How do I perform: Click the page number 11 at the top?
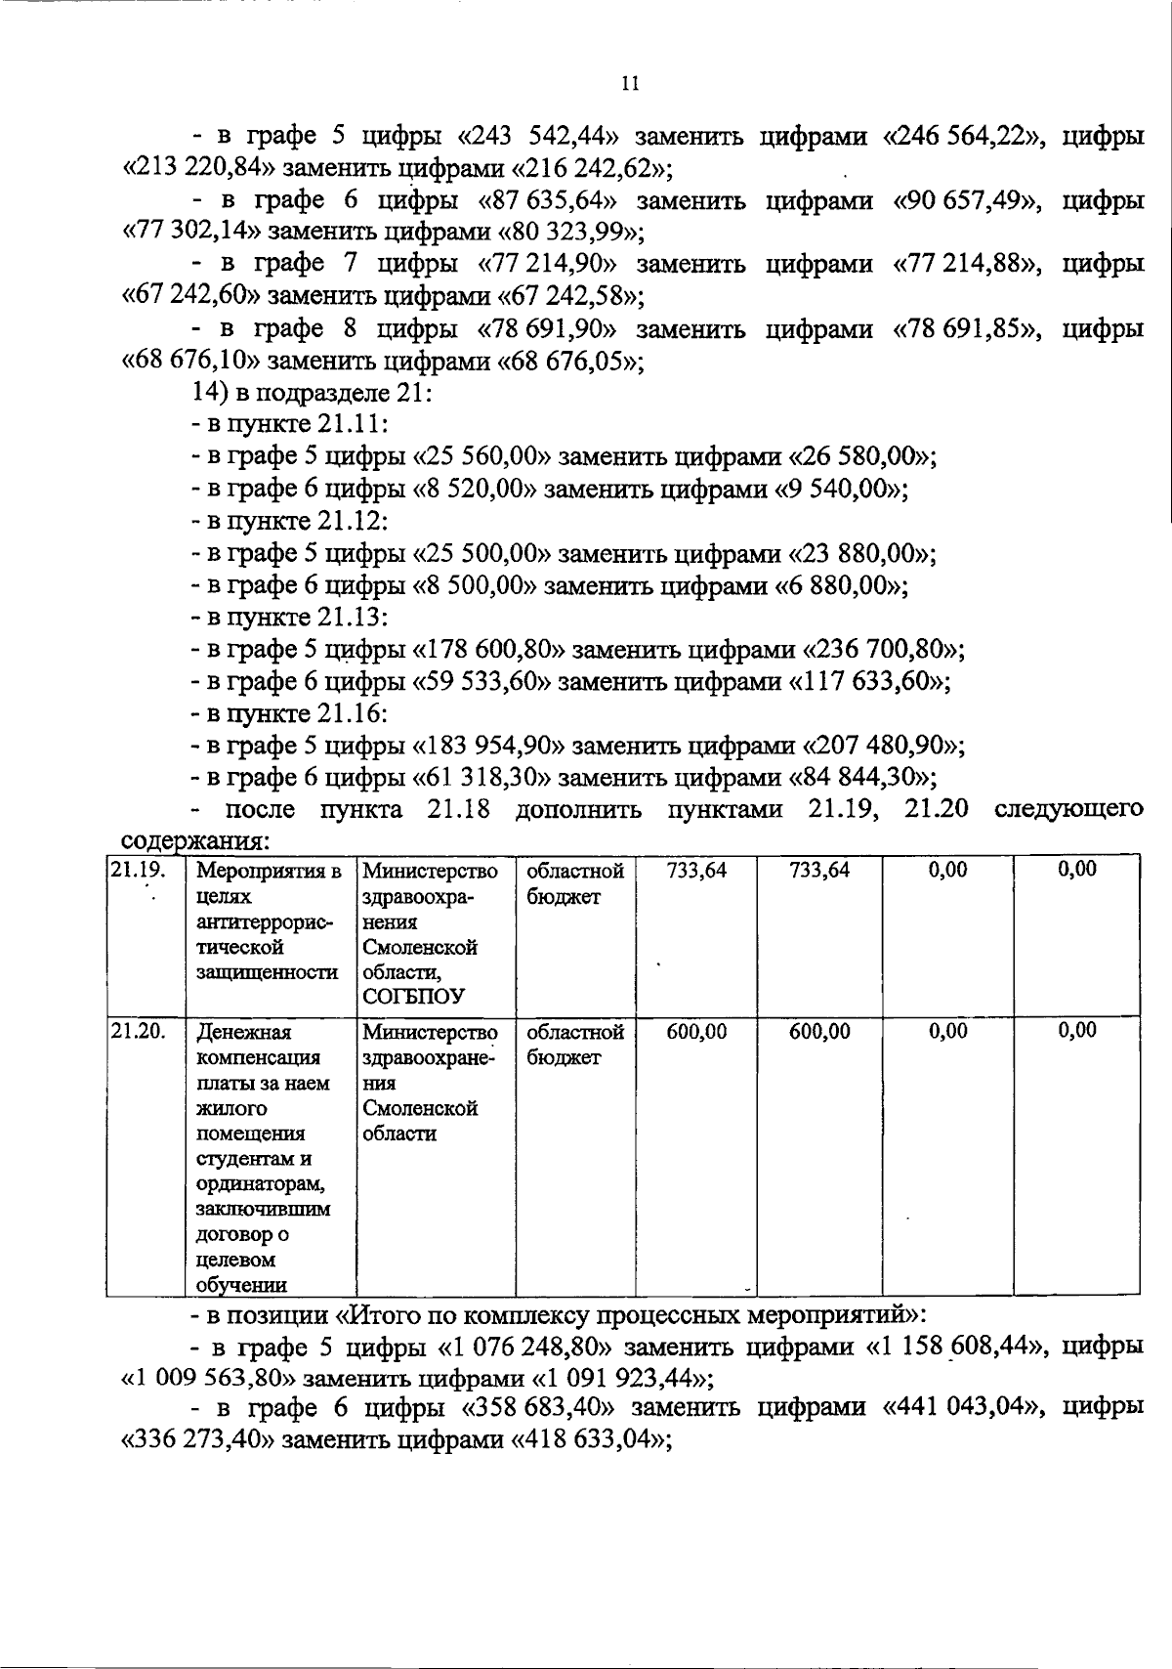point(630,84)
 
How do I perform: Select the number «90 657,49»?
point(968,201)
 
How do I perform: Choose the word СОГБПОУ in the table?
point(413,997)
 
